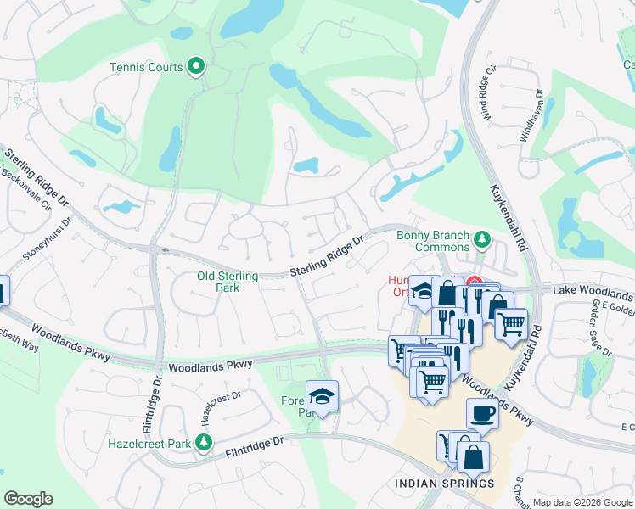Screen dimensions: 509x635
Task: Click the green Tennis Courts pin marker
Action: [197, 65]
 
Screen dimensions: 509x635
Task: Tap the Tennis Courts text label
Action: [146, 67]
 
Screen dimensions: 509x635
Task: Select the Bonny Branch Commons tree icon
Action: [482, 240]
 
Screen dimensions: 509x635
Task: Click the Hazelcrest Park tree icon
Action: [203, 442]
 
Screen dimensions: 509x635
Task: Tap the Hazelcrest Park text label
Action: [149, 443]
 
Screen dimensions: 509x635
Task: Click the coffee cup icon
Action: [482, 414]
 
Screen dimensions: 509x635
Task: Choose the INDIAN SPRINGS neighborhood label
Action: [444, 484]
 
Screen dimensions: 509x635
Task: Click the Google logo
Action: [28, 499]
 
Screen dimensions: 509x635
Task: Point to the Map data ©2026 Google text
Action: [582, 502]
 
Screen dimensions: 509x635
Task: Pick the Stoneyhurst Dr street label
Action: [48, 243]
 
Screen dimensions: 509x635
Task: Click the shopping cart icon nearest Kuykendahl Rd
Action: [510, 323]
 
